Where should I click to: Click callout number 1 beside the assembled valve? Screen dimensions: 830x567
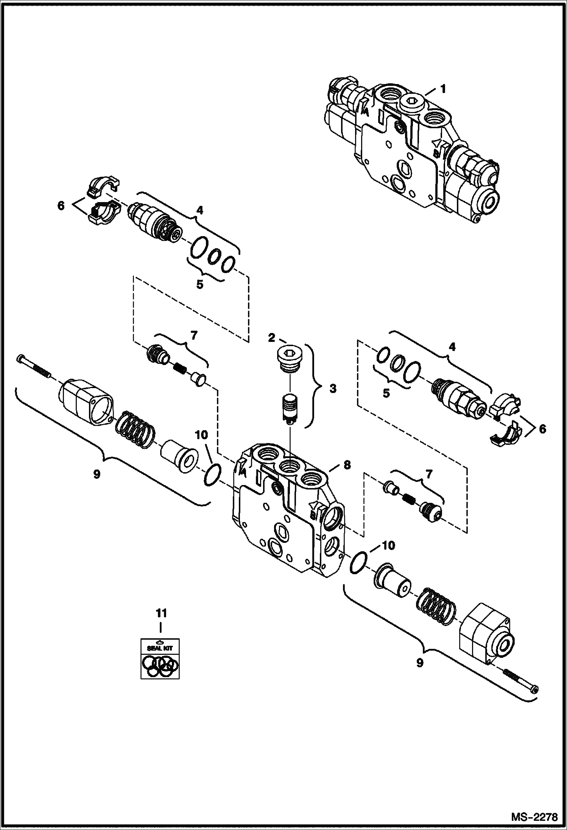[x=442, y=90]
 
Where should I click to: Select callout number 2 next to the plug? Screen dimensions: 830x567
[x=271, y=338]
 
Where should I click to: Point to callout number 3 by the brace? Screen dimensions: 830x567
[x=333, y=389]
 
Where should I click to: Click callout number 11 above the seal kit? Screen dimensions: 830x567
[x=162, y=726]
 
